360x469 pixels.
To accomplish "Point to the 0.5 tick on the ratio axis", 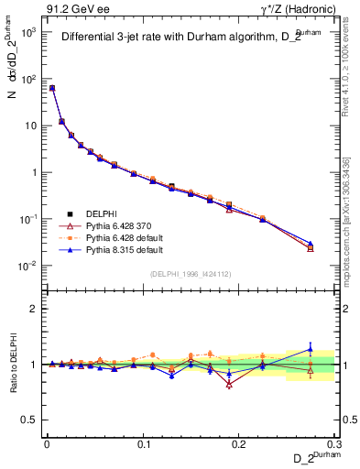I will [x=32, y=420].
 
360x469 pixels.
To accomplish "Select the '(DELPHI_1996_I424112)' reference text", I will [x=191, y=274].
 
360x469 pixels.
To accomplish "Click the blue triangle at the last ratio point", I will [x=310, y=348].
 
